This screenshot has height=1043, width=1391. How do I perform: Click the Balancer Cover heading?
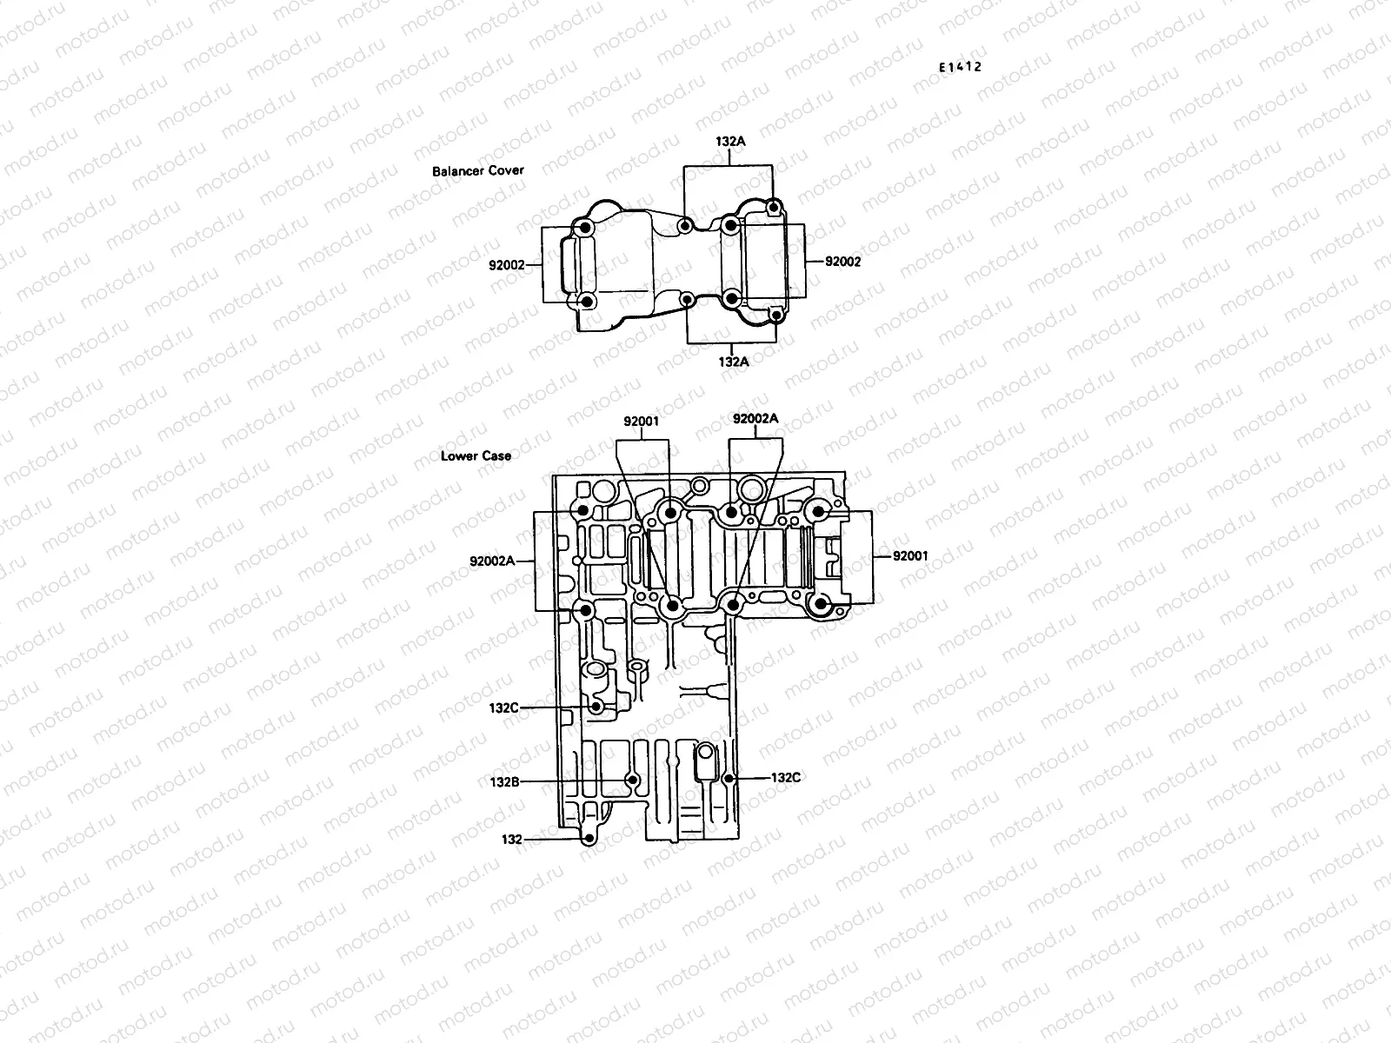[478, 171]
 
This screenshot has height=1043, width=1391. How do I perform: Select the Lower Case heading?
[476, 455]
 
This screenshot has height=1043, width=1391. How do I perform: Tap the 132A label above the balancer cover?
[731, 140]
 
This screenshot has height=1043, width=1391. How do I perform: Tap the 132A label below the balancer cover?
[733, 361]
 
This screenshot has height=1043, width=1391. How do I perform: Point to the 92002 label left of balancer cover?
[507, 264]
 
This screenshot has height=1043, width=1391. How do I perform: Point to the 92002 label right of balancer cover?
[842, 261]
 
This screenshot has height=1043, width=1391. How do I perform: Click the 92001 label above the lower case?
[642, 422]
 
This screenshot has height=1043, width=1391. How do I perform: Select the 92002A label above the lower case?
[755, 418]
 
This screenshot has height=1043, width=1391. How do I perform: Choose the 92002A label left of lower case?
[491, 561]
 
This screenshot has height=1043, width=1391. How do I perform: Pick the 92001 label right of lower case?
[910, 555]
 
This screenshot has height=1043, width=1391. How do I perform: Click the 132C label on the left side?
[504, 708]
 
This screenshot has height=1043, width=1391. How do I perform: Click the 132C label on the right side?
[785, 777]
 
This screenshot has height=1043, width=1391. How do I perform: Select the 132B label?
[504, 781]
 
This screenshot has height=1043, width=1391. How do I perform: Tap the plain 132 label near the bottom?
[511, 839]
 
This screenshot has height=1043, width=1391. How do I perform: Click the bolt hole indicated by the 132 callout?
[589, 839]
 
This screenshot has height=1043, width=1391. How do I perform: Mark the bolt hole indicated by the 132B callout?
[633, 781]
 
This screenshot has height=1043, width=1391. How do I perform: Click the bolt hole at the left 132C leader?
[596, 708]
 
